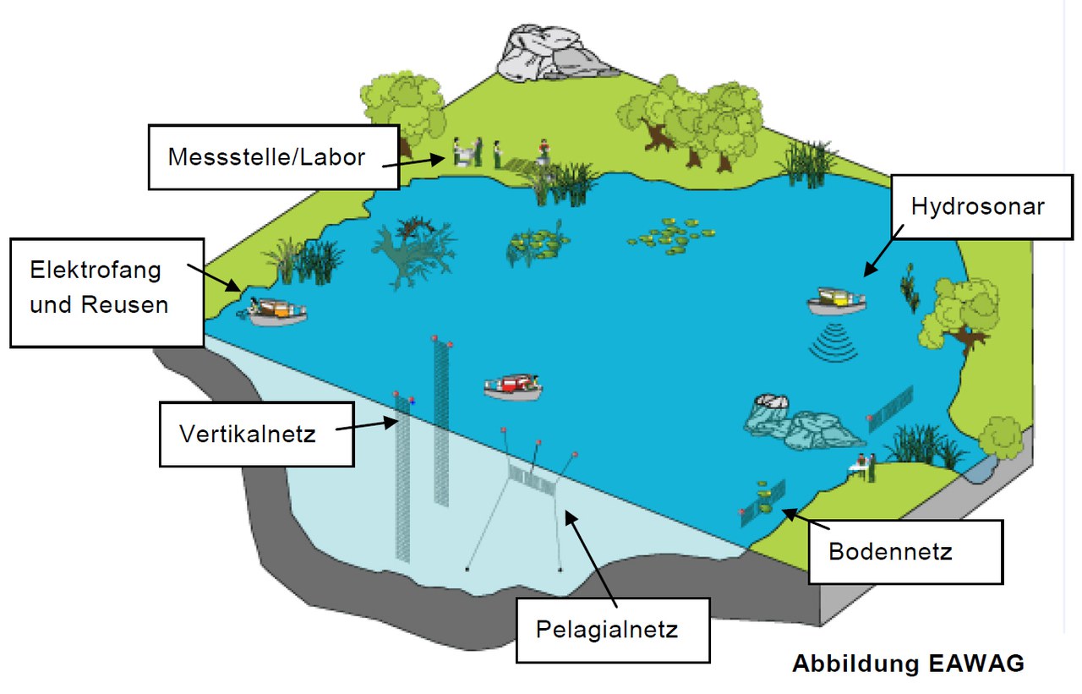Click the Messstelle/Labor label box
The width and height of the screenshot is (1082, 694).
coord(272,156)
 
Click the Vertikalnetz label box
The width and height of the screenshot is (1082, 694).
coord(255,434)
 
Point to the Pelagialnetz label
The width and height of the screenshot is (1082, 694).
coord(611,629)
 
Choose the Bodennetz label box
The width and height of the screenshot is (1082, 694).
coord(904,551)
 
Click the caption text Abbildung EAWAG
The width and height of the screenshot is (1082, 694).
coord(907,664)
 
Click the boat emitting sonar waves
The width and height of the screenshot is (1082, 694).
coord(837,301)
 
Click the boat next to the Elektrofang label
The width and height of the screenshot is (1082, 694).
coord(275,312)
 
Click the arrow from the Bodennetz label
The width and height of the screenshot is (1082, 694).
coord(800,518)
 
